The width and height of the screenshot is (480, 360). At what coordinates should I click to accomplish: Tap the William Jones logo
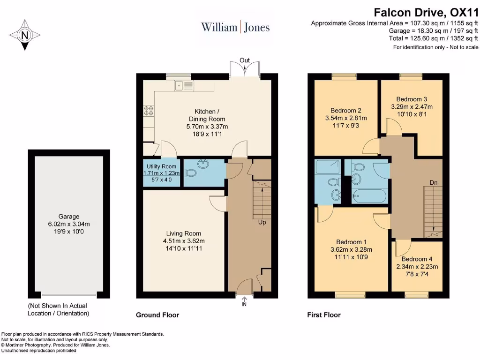point(235,27)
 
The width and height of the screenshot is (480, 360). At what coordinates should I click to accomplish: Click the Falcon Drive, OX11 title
point(426,12)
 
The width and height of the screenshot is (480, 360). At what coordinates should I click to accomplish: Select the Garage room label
point(69,217)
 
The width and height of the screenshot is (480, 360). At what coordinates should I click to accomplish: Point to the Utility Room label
point(161,166)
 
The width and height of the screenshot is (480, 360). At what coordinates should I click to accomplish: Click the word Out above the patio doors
point(245,60)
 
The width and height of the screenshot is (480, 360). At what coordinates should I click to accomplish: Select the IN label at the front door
point(244,304)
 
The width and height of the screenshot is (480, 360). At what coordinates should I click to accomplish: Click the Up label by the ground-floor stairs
point(262,222)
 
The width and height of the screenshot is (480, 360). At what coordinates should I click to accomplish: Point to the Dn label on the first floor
point(434,182)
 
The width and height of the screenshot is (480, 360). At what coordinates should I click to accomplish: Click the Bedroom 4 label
point(417,259)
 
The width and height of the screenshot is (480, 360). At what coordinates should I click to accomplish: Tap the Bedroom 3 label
point(412,99)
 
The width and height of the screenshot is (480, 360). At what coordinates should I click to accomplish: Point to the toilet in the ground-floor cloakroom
point(190,173)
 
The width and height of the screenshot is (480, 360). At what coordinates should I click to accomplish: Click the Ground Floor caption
point(157,315)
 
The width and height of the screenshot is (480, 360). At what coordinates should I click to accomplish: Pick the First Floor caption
point(323,315)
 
